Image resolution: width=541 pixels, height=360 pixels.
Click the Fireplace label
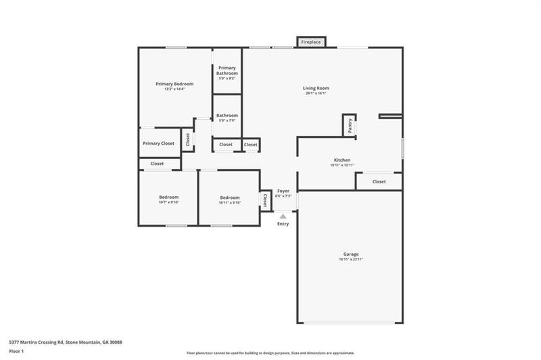point(311,42)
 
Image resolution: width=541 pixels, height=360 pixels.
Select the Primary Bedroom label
point(174,84)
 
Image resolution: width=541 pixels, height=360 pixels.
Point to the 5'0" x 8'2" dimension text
point(227,78)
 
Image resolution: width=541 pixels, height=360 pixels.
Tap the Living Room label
point(315,88)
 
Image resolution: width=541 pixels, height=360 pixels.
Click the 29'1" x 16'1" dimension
point(315,93)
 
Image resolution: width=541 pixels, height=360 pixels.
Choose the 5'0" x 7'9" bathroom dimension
point(227,120)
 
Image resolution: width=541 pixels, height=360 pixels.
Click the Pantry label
point(350,125)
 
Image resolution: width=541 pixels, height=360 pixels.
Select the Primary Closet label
point(158,143)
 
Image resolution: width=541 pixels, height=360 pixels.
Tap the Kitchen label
point(342,160)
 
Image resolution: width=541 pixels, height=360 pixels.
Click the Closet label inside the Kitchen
point(379,181)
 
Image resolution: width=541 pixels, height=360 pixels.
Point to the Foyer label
point(283,191)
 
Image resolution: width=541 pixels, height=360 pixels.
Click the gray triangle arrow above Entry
point(283,217)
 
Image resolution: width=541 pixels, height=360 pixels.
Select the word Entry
point(283,224)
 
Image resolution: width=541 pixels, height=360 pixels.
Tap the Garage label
point(350,254)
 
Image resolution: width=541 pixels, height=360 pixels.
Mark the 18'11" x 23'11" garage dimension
point(350,260)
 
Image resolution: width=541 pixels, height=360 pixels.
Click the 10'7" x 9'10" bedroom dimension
point(168,202)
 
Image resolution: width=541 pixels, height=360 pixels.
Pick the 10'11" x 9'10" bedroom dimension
point(229,202)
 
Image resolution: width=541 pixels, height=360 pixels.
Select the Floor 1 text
point(16,351)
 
